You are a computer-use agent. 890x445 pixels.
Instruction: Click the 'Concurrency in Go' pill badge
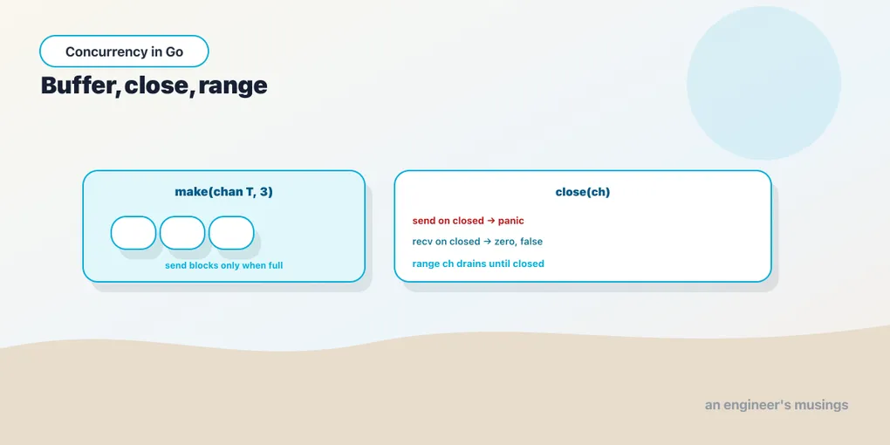tap(124, 51)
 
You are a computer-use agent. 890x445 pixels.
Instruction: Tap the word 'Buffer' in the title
tap(79, 86)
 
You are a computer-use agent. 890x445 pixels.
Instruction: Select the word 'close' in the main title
tap(156, 86)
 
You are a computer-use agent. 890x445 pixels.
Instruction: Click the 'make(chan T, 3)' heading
tap(223, 192)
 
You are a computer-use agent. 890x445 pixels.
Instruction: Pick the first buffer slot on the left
tap(133, 233)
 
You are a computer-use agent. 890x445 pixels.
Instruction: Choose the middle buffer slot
tap(182, 233)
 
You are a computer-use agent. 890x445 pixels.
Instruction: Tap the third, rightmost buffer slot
tap(231, 233)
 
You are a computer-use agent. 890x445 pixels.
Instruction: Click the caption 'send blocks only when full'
tap(223, 265)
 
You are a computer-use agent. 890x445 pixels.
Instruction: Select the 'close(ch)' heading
tap(582, 192)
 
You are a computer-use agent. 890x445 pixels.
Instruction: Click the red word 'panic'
tap(510, 220)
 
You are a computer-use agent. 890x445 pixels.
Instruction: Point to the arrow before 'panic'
tap(491, 220)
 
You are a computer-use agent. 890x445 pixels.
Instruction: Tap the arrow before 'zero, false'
tap(488, 241)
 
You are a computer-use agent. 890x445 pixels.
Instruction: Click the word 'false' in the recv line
tap(531, 241)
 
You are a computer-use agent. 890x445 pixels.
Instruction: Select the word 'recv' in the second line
tap(422, 242)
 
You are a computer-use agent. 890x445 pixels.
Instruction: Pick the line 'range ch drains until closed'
tap(478, 264)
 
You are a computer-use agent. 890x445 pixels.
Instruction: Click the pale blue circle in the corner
tap(764, 83)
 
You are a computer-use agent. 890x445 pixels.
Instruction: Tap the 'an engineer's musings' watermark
tap(777, 405)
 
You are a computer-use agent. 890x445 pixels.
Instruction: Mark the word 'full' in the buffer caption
tap(274, 265)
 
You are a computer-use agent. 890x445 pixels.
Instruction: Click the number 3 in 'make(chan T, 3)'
tap(264, 192)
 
